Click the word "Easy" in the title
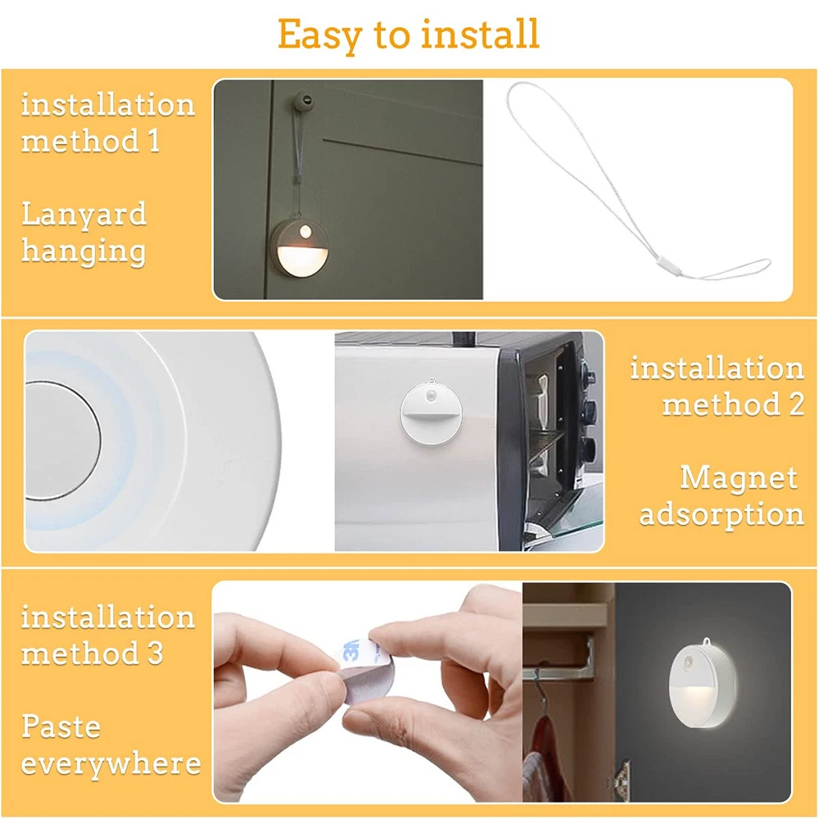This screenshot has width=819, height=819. [319, 35]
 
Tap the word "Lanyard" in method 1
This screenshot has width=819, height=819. [84, 214]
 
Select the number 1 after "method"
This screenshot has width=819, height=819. [153, 140]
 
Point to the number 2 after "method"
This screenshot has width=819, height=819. [796, 404]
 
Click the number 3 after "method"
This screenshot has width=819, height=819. [155, 653]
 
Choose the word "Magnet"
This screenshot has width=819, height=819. [739, 478]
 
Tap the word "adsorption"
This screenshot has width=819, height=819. [722, 514]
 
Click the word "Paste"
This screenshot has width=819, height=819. [61, 726]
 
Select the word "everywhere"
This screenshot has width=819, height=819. [111, 764]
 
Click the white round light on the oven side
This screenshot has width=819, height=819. [431, 413]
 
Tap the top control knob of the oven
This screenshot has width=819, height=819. [589, 376]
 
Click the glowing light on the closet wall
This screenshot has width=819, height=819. [705, 686]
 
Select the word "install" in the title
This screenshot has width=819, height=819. [480, 34]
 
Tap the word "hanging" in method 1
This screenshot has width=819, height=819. [84, 251]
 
